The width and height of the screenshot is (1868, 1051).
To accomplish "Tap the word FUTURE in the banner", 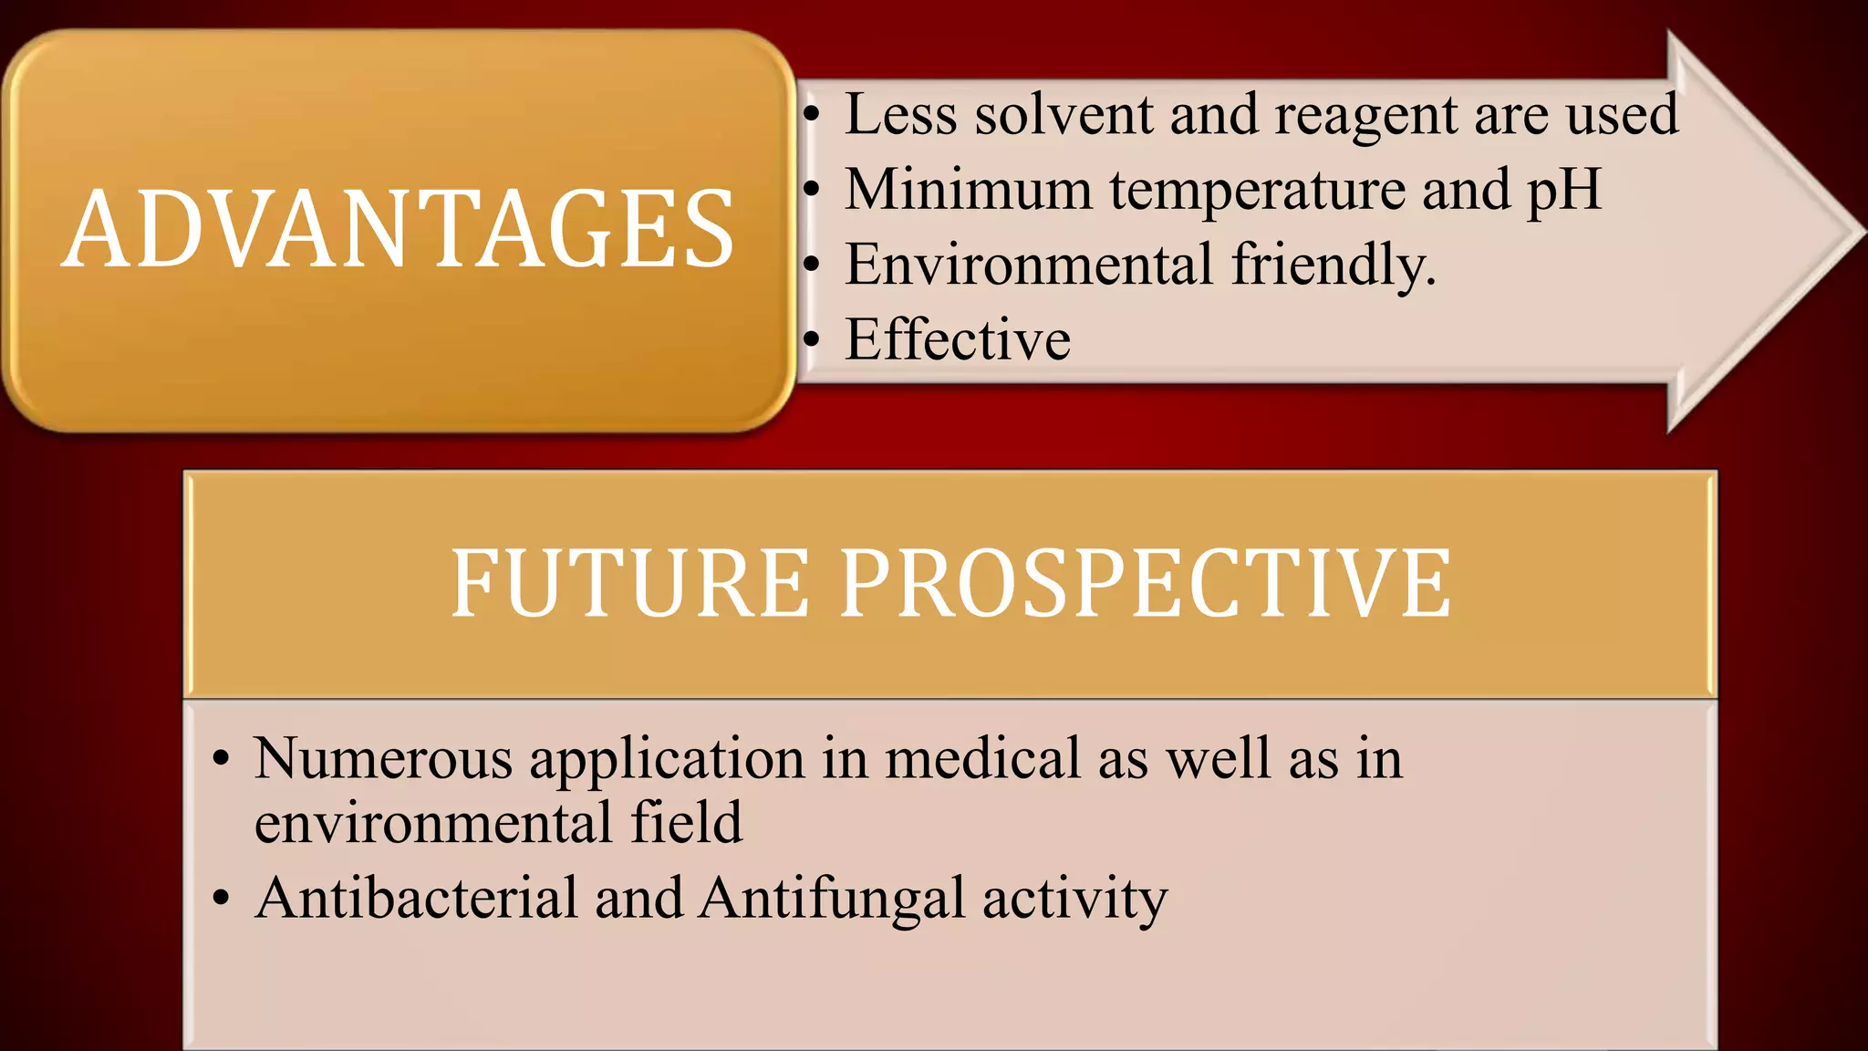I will pyautogui.click(x=629, y=584).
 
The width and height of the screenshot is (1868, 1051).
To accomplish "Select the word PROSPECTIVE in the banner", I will pyautogui.click(x=1145, y=584).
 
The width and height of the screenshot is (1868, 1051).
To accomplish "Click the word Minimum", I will pyautogui.click(x=968, y=190).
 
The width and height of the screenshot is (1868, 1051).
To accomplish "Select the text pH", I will pyautogui.click(x=1564, y=192).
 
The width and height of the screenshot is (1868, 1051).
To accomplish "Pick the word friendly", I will pyautogui.click(x=1334, y=266).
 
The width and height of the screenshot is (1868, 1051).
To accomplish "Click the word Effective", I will pyautogui.click(x=958, y=339).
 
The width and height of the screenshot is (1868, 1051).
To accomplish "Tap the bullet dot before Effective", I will pyautogui.click(x=812, y=340).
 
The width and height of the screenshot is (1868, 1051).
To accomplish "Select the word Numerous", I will pyautogui.click(x=383, y=758).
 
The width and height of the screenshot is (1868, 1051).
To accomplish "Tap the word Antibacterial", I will pyautogui.click(x=417, y=898).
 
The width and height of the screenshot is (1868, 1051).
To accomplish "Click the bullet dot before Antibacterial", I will pyautogui.click(x=221, y=899).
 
